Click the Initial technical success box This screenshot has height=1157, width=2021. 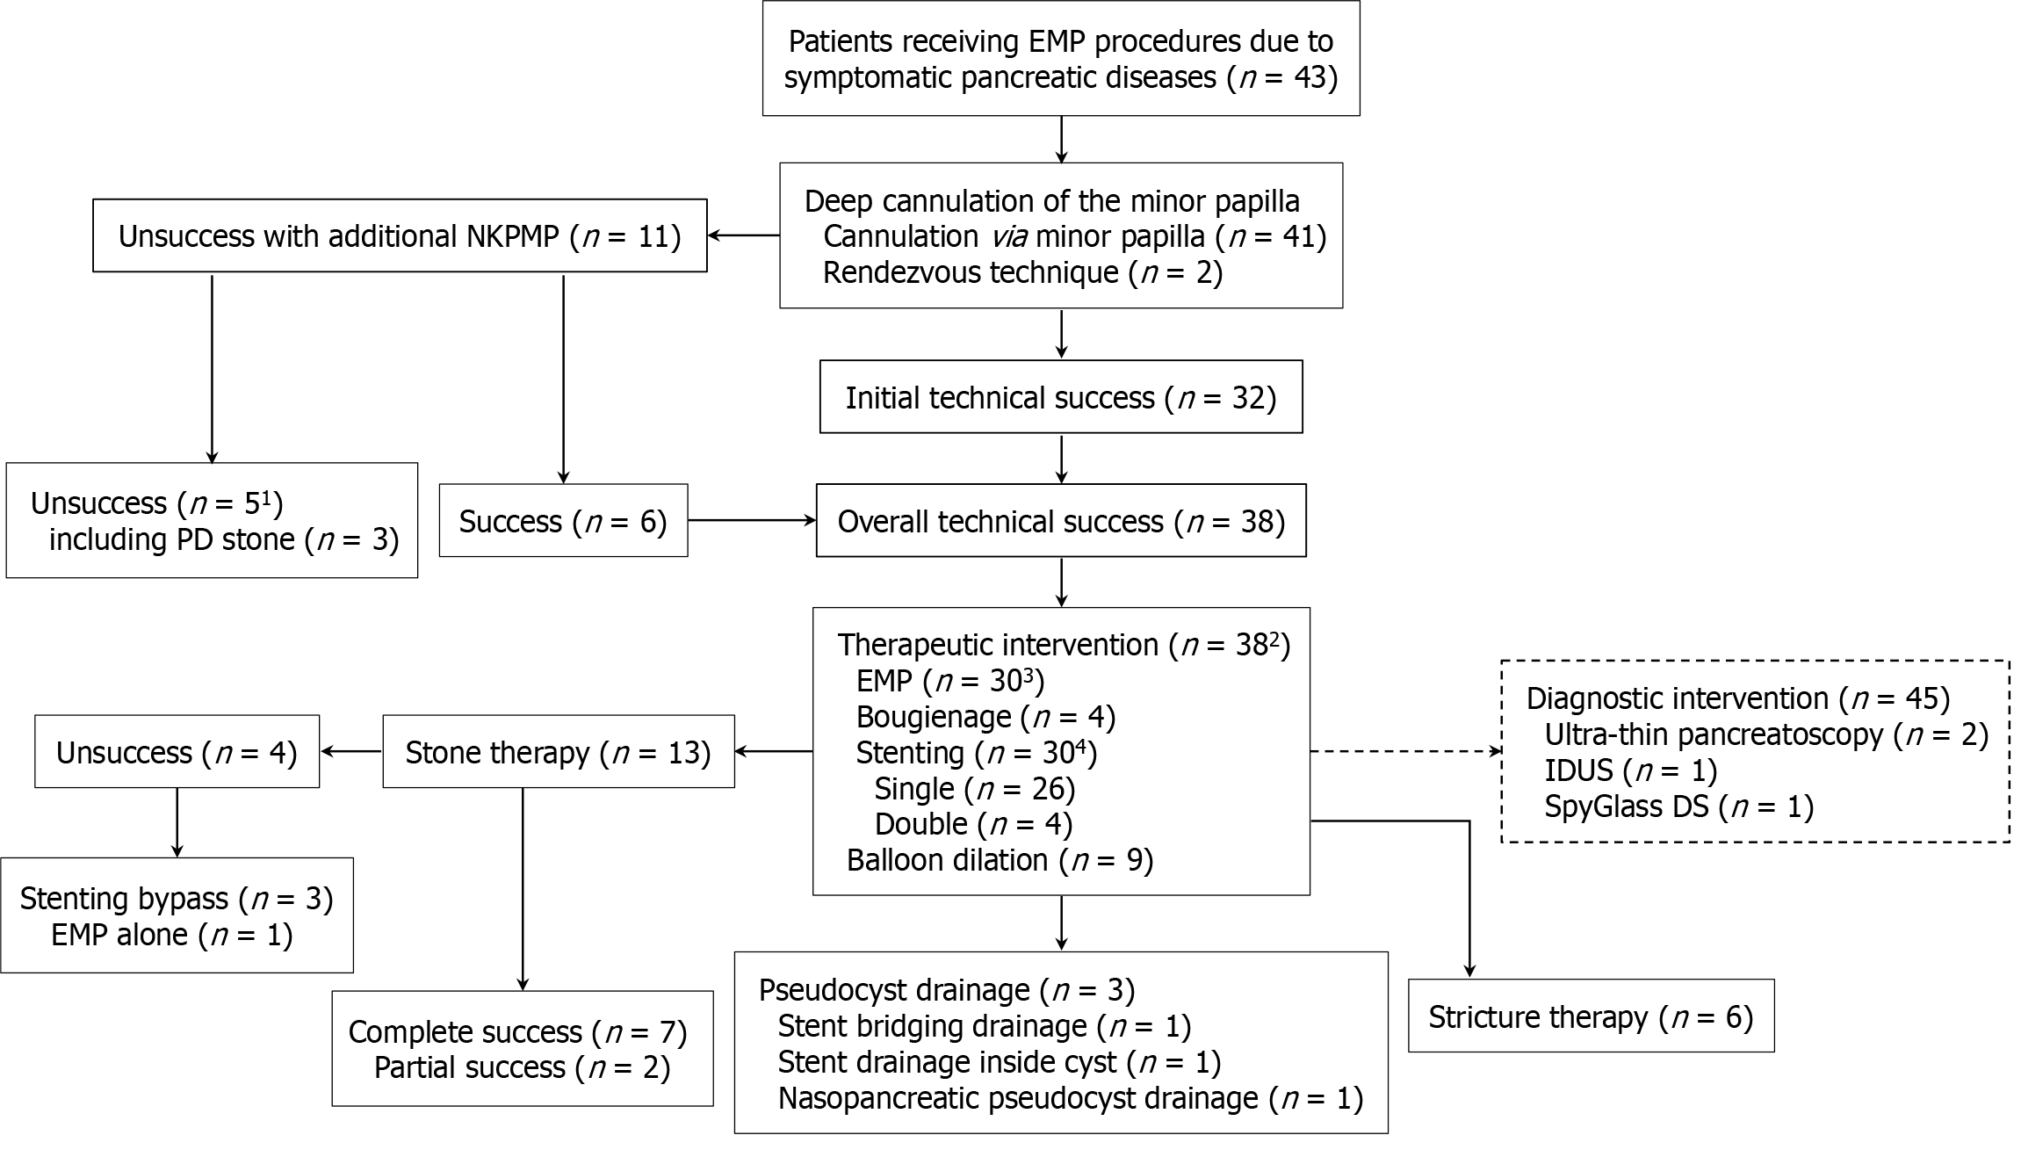[x=1060, y=397]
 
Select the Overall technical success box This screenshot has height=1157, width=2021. [x=1060, y=521]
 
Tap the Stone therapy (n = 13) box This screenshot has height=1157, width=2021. [x=558, y=752]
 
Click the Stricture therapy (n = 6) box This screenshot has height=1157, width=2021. [x=1590, y=1016]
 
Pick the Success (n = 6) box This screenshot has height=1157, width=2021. [x=563, y=521]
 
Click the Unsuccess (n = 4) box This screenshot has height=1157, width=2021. [x=177, y=752]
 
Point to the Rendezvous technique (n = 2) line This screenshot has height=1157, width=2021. [x=1021, y=272]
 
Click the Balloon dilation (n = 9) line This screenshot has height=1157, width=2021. [x=999, y=860]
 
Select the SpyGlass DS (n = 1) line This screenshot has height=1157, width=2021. [x=1678, y=806]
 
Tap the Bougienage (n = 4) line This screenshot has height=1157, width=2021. [x=985, y=717]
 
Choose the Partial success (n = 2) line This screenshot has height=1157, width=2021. [x=522, y=1067]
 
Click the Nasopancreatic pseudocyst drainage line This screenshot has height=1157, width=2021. [x=1069, y=1098]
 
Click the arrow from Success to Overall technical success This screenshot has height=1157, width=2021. [x=751, y=521]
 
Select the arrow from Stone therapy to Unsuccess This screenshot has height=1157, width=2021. [x=351, y=752]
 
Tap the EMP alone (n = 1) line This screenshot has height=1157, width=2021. [x=171, y=934]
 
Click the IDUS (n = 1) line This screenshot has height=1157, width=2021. [x=1630, y=770]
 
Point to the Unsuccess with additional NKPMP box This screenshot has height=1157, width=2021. [x=400, y=235]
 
